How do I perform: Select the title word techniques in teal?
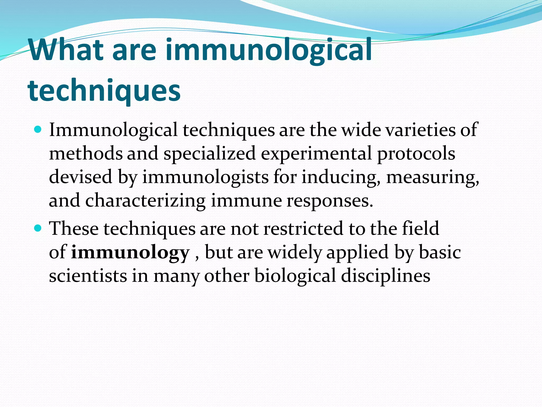(104, 91)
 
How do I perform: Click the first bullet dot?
(38, 130)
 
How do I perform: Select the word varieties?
(420, 130)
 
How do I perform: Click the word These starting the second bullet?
(74, 228)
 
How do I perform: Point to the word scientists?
(88, 276)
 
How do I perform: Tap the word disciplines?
(385, 276)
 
